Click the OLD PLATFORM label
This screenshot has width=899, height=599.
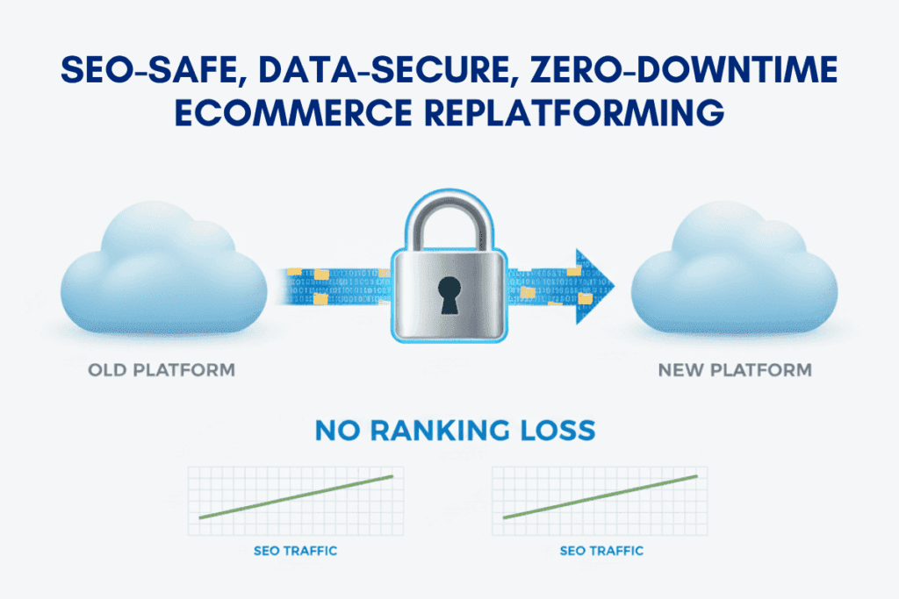(x=162, y=370)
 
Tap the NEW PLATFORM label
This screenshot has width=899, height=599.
(x=735, y=370)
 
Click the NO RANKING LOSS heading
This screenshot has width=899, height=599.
(x=449, y=431)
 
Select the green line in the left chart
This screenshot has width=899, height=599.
(x=296, y=497)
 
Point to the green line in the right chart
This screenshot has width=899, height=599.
(x=601, y=497)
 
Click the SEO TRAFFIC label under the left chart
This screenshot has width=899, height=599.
(x=296, y=551)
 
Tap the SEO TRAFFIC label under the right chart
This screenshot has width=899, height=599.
(x=601, y=551)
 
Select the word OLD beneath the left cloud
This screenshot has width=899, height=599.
(x=107, y=370)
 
